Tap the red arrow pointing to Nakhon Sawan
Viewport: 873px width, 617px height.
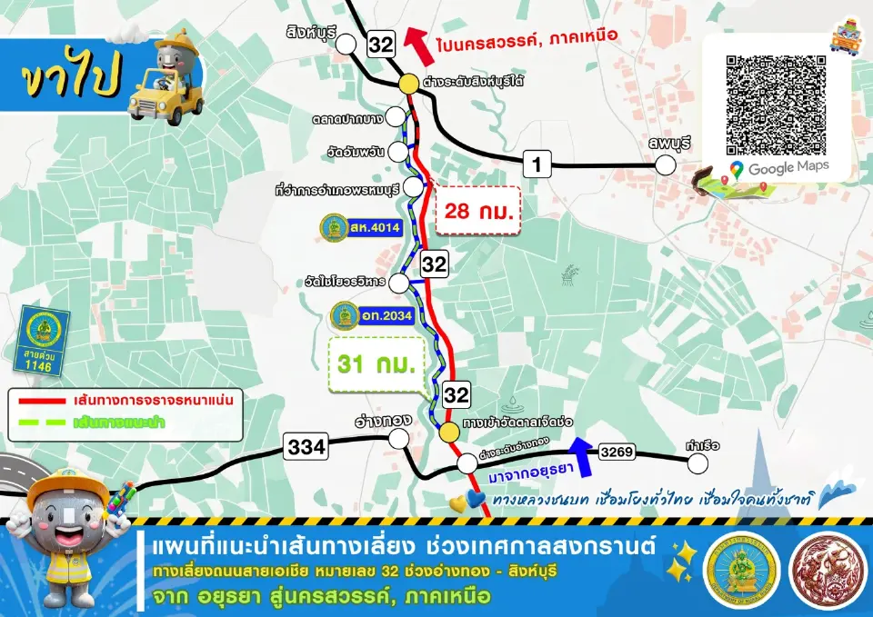(x=415, y=40)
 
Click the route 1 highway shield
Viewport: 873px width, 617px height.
(x=538, y=164)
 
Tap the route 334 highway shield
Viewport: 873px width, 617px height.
(x=306, y=446)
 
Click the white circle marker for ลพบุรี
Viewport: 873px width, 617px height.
(x=667, y=164)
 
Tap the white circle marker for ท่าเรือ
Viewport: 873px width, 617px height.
(x=697, y=463)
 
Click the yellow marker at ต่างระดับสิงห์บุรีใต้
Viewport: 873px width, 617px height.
(x=407, y=84)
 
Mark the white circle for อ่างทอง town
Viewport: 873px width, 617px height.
(x=398, y=439)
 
